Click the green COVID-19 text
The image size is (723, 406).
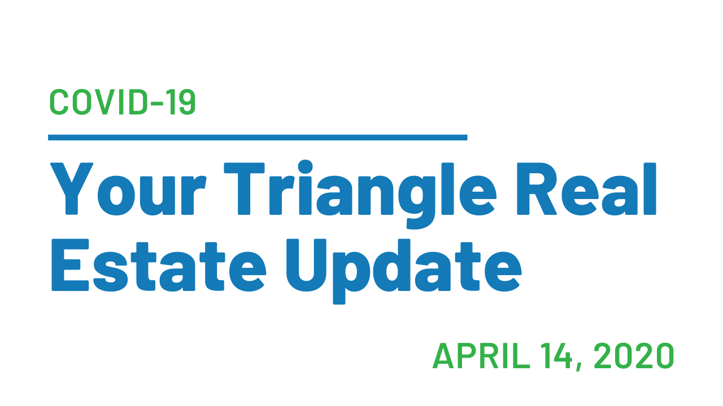123,102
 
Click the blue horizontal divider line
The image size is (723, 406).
258,138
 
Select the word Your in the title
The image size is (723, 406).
128,189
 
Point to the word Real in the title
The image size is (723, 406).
586,189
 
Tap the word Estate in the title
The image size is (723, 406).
159,265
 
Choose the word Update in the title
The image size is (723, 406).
404,271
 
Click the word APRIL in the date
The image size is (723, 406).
481,356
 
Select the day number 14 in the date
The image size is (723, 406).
556,356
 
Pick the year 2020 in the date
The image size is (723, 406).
634,356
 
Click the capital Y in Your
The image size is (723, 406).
72,188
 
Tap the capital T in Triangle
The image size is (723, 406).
245,188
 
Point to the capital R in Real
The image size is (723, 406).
537,188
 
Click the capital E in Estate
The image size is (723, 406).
70,265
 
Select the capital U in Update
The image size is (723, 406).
306,265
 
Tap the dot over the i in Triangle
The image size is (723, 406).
305,166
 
